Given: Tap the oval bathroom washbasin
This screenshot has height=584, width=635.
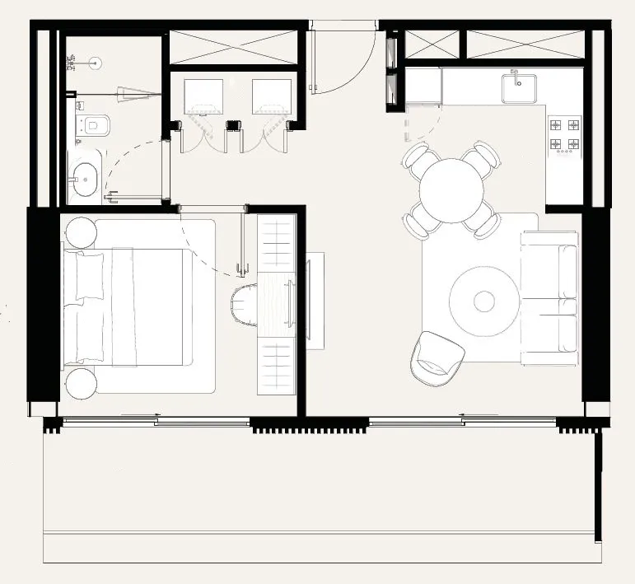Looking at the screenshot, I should click(x=86, y=175).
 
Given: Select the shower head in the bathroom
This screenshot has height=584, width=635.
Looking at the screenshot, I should click(x=96, y=60).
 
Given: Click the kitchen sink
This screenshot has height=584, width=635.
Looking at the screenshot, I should click(x=519, y=86).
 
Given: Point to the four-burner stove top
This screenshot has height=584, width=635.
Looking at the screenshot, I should click(x=564, y=135).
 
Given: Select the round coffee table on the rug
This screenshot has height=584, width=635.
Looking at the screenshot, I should click(x=484, y=300).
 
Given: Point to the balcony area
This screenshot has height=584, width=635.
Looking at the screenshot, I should click(x=321, y=494).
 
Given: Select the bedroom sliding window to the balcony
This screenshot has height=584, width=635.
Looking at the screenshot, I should click(x=156, y=422).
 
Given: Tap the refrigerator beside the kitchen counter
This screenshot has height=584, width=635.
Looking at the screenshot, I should click(x=423, y=86).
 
